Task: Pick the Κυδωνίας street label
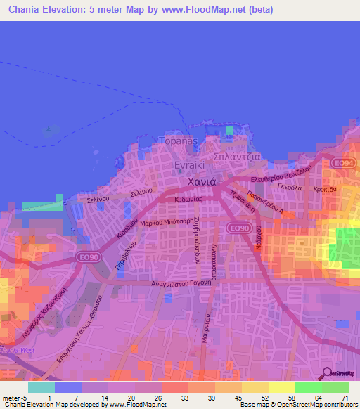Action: pyautogui.click(x=189, y=200)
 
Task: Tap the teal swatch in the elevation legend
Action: pyautogui.click(x=41, y=387)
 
